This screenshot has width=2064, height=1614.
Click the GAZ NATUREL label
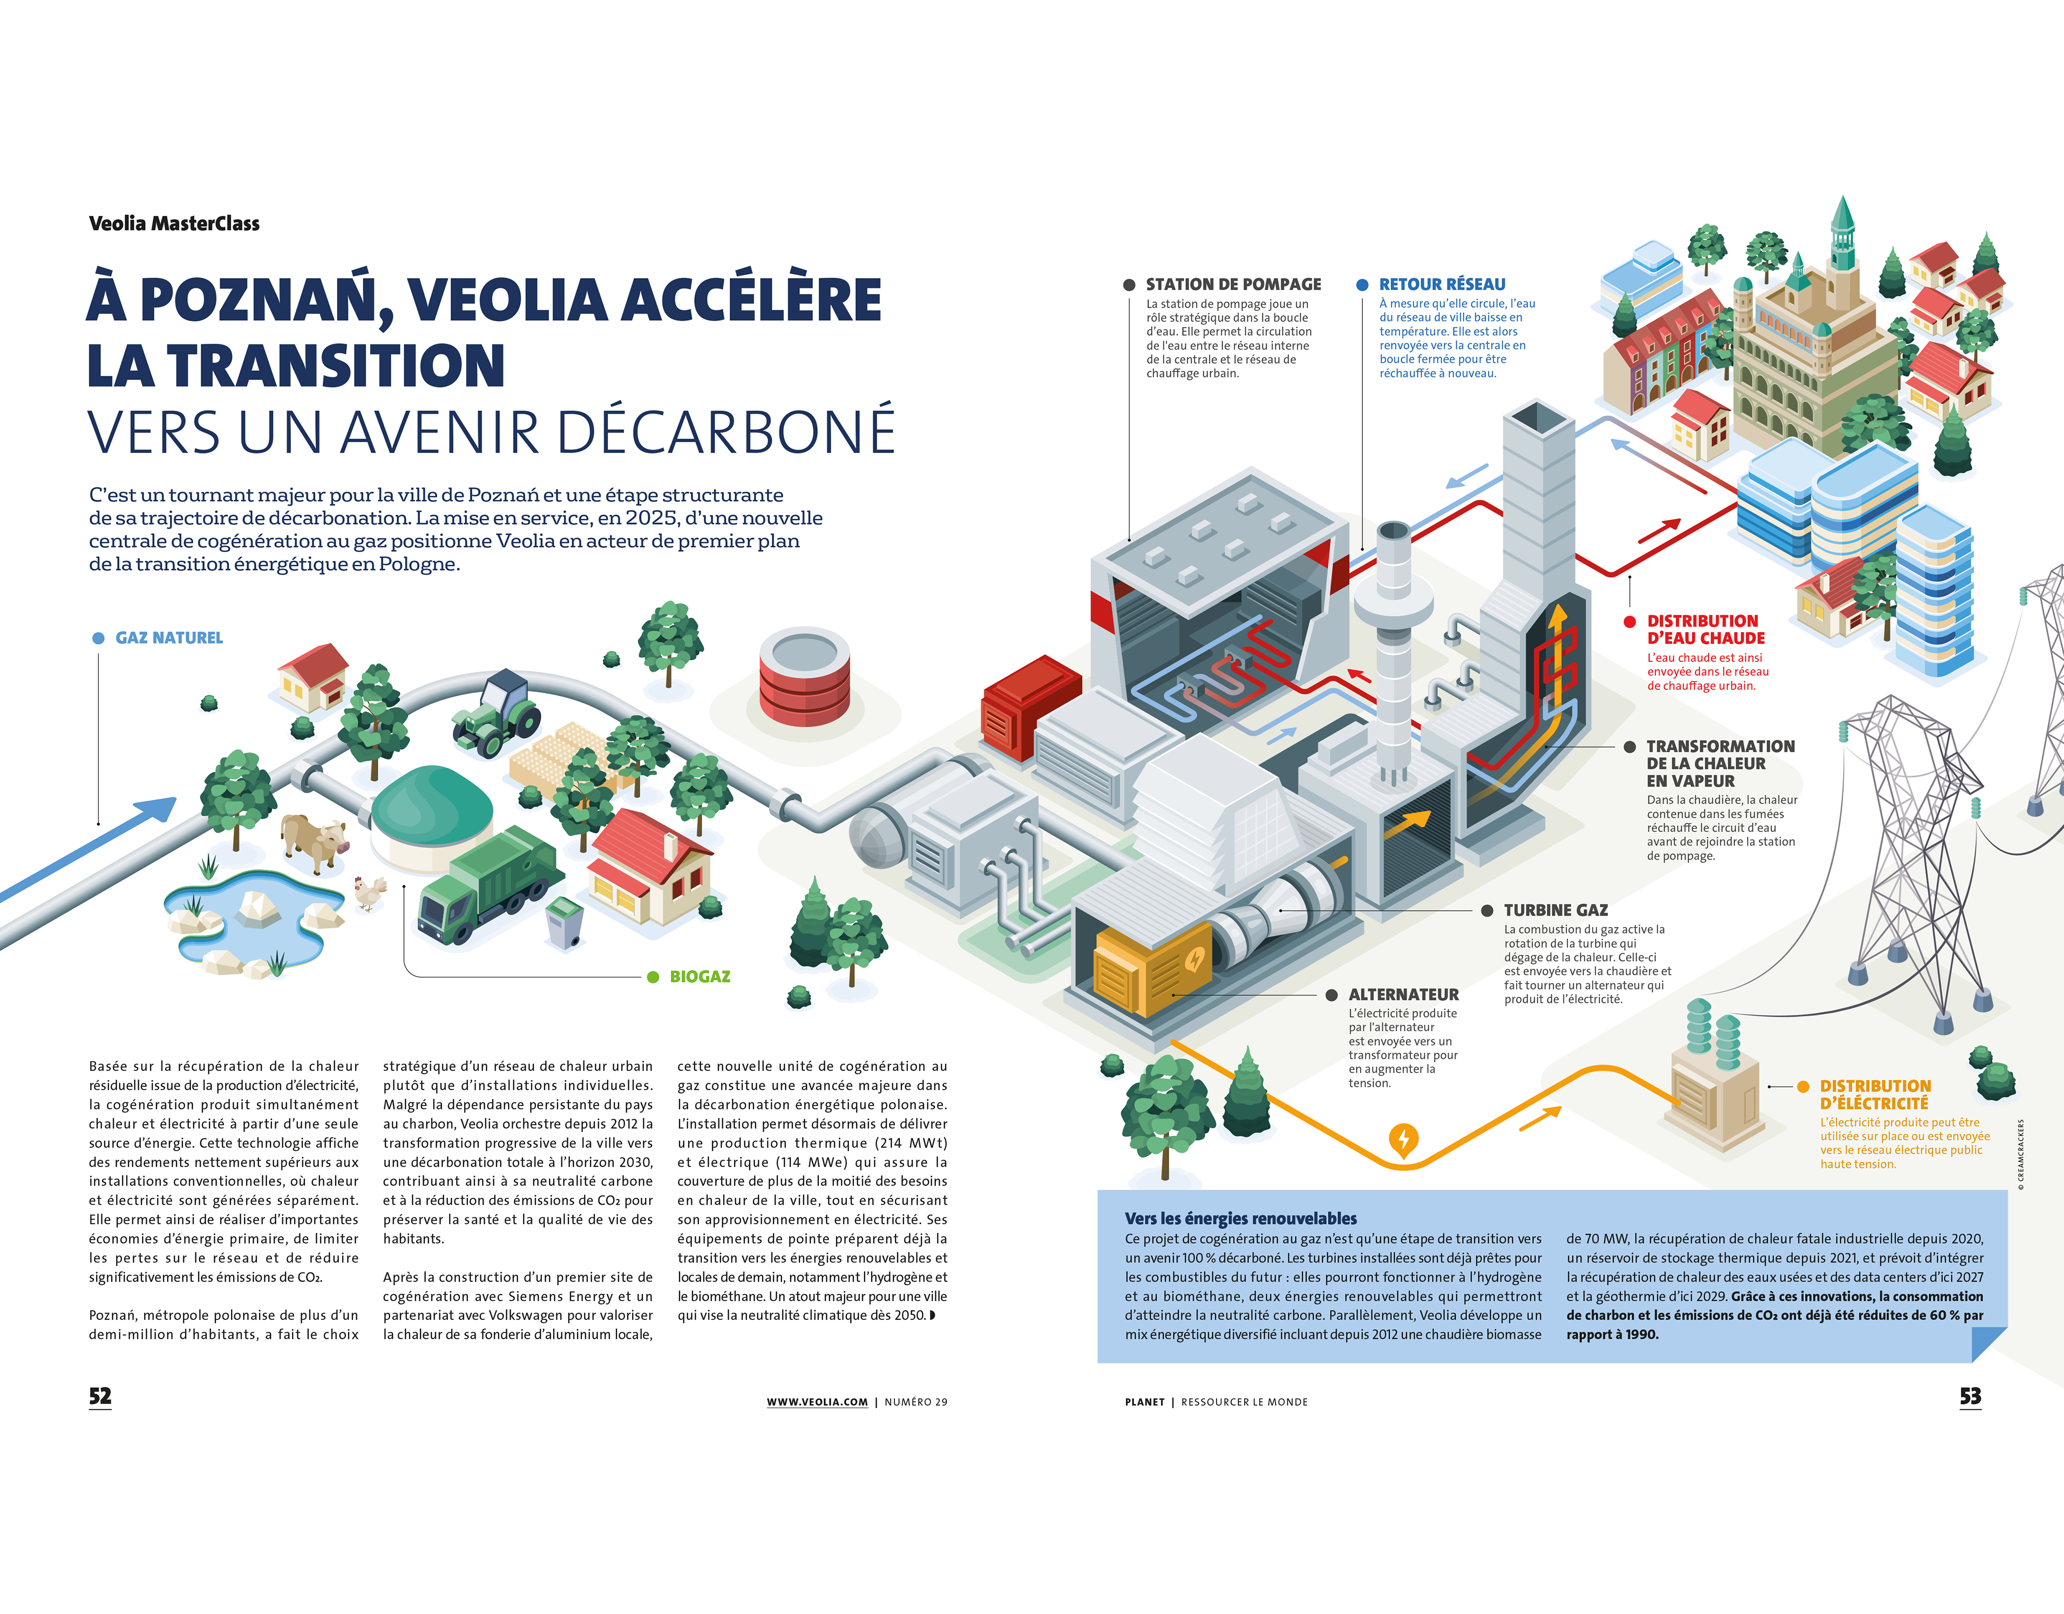click(x=169, y=638)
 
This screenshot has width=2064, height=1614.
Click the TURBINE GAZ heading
click(x=1556, y=910)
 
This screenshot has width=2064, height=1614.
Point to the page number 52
click(x=100, y=1396)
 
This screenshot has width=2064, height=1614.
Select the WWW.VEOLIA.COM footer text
click(x=817, y=1402)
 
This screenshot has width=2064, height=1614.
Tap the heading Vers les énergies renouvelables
click(x=1240, y=1218)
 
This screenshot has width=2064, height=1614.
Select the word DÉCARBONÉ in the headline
click(x=726, y=432)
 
